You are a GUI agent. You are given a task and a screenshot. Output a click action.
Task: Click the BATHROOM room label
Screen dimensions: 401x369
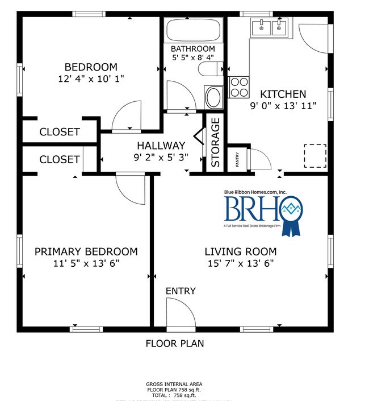click(193, 49)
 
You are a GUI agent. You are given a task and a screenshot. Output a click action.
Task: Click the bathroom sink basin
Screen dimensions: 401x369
click(214, 97)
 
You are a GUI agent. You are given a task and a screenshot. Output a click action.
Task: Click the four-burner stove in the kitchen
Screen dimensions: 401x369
click(238, 86)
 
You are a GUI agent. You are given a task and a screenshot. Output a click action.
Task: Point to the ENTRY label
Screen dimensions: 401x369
click(181, 291)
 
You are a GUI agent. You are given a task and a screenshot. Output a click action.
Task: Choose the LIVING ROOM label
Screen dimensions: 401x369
click(240, 251)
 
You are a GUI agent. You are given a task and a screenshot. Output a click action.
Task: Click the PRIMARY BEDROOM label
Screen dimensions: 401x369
click(86, 251)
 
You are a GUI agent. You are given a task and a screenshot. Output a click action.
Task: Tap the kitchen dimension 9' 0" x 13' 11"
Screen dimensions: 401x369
click(283, 105)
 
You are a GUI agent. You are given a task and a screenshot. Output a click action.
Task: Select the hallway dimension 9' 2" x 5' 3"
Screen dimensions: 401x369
click(161, 158)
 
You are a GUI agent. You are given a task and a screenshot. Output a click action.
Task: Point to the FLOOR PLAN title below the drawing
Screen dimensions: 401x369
click(175, 344)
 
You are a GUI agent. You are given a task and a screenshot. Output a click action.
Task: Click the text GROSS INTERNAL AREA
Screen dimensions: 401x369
click(175, 384)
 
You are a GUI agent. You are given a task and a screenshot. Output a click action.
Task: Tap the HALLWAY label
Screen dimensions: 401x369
click(161, 146)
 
